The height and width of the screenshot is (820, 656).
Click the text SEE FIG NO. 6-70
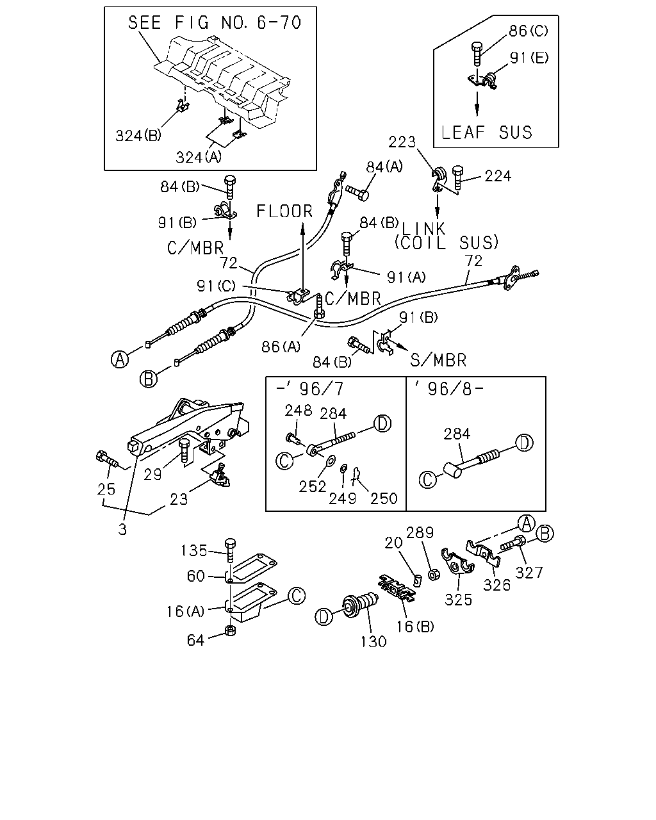[215, 22]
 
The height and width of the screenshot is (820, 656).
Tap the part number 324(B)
[138, 135]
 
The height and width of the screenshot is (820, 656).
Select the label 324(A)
[199, 157]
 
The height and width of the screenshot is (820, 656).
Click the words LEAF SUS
[486, 132]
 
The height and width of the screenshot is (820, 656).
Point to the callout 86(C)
[529, 31]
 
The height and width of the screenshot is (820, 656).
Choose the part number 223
[402, 142]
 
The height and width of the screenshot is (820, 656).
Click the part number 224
[498, 176]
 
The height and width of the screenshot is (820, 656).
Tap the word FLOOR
[284, 211]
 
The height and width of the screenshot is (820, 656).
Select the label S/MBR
[438, 360]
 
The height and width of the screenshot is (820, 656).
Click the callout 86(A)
[281, 347]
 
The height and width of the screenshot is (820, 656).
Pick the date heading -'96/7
[310, 389]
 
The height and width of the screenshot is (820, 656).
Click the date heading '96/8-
[449, 389]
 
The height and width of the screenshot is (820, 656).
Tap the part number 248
[299, 411]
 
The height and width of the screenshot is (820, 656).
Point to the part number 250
[384, 498]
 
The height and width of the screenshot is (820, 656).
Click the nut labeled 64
[230, 630]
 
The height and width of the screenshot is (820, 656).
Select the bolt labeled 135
[231, 550]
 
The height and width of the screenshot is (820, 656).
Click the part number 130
[373, 642]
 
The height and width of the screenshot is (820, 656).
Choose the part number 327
[529, 573]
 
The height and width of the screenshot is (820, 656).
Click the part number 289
[420, 532]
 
